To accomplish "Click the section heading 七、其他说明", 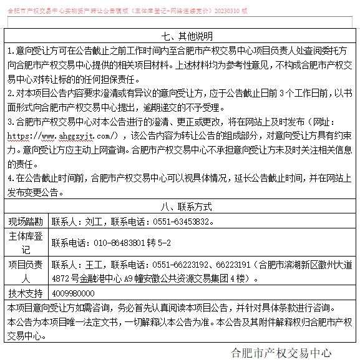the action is (179, 36).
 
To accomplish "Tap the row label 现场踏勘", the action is (26, 221).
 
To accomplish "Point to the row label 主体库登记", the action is (26, 242).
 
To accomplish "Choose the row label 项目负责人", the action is (26, 271).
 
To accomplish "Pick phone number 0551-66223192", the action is (179, 264).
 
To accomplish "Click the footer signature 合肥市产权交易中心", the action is (281, 353).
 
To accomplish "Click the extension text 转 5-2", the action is (158, 242).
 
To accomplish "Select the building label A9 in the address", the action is (129, 278).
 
